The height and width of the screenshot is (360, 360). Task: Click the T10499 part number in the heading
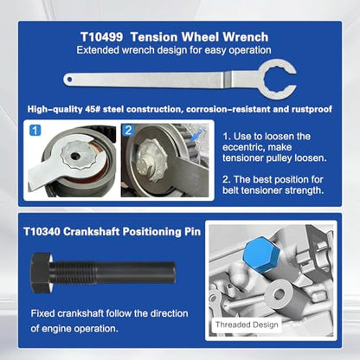point(101,37)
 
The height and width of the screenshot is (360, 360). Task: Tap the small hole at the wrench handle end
point(69,80)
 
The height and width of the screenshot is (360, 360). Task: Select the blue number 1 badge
point(35,131)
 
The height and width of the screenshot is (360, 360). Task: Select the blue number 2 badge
point(128,130)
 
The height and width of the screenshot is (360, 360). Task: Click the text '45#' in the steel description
point(91,109)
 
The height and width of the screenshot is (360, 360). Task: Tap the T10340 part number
point(42,232)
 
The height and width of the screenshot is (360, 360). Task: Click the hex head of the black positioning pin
point(42,273)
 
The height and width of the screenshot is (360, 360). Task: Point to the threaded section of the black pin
point(74,273)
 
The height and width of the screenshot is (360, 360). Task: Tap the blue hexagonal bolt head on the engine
point(261,254)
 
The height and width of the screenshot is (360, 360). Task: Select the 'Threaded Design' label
point(247,325)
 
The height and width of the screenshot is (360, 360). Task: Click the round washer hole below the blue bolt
point(279,294)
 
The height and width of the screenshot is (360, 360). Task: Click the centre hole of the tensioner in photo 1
point(75,156)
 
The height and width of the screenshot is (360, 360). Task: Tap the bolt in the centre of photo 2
point(151,158)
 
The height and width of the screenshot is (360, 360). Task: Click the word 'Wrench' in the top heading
point(246,37)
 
